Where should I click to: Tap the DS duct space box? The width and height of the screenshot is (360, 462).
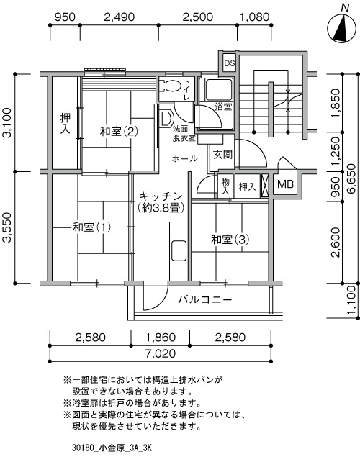(229, 63)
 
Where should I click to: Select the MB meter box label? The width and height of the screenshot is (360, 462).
(285, 184)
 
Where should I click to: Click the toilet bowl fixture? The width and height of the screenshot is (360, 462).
(171, 86)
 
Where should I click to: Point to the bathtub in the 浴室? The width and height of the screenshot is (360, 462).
(218, 89)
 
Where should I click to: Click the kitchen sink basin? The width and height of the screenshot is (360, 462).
(179, 250)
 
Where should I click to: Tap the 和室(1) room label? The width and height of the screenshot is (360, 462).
(91, 227)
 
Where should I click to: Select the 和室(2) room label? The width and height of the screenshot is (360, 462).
(119, 131)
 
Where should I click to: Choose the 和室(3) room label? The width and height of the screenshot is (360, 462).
(230, 240)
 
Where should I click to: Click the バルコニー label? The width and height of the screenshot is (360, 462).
(205, 300)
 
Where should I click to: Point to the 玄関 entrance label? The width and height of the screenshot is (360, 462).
(222, 155)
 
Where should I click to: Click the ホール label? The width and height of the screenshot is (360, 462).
(184, 159)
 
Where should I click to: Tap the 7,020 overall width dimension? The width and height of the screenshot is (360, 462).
(161, 353)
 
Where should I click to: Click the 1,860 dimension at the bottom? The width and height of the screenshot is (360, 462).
(161, 338)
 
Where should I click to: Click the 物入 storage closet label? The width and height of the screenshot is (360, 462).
(225, 186)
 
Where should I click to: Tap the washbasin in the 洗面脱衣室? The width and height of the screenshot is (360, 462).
(166, 119)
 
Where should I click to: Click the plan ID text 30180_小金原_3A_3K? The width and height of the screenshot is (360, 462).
(112, 448)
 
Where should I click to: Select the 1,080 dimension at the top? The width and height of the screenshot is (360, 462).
(255, 17)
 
